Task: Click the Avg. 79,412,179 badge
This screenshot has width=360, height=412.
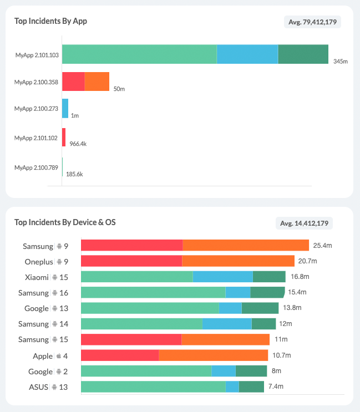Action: coord(312,22)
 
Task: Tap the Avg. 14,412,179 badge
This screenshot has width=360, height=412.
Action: coord(304,223)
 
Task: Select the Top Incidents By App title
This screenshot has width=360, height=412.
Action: coord(50,21)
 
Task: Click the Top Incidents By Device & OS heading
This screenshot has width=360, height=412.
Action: coord(65,222)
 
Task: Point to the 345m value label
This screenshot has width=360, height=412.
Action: coord(340,61)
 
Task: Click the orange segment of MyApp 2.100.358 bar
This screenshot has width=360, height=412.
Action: coord(97,82)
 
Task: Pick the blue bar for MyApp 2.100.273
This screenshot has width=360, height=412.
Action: coord(65,108)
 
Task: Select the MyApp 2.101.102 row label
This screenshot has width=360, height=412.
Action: coord(36,138)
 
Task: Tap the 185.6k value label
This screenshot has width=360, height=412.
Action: coord(74,174)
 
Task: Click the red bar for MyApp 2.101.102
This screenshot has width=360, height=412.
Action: coord(64,137)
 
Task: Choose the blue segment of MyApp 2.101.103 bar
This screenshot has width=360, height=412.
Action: coord(247,54)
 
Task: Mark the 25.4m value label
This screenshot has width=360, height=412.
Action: coord(322,245)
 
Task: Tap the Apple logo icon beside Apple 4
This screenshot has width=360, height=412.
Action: coord(58,356)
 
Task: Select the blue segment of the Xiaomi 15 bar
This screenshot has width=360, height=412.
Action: coord(222,277)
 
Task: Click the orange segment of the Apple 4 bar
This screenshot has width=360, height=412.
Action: coord(213,355)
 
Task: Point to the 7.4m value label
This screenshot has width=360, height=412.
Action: coord(276,386)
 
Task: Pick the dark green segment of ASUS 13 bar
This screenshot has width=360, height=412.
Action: coord(251,386)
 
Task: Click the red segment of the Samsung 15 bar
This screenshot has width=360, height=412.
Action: coord(131,339)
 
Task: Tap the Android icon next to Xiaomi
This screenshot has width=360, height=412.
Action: coord(55,277)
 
